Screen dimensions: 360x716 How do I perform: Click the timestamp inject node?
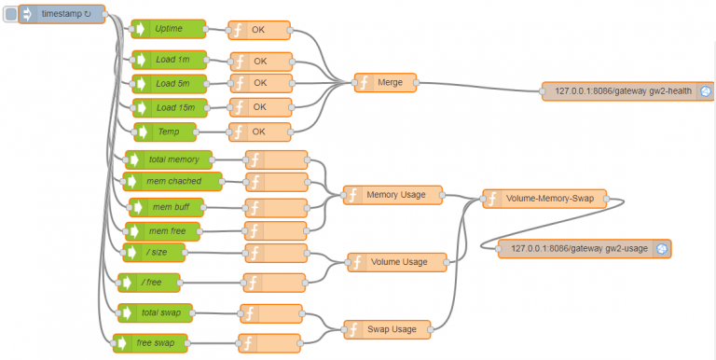click(62, 14)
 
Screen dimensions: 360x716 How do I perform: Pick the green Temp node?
click(169, 132)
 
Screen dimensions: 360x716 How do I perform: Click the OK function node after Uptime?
click(259, 30)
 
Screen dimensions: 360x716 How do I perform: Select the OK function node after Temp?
click(259, 132)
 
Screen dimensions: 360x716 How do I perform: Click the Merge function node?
click(385, 82)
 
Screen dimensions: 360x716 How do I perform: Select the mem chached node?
click(173, 181)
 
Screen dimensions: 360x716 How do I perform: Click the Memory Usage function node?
click(391, 195)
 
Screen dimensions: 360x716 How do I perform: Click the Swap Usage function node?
click(387, 328)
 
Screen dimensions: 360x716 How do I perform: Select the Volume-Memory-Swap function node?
click(544, 199)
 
